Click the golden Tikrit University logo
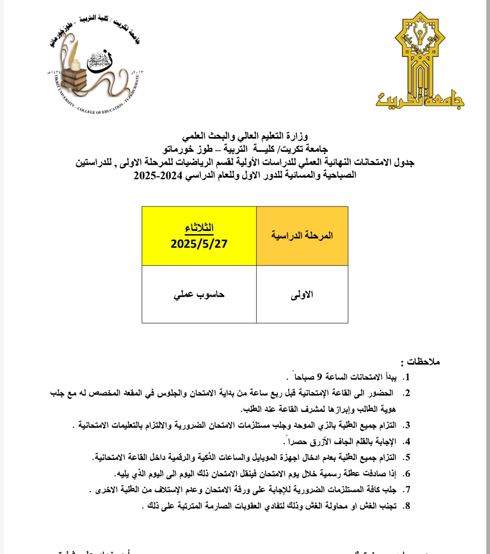pos(420,64)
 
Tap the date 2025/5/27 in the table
pos(199,244)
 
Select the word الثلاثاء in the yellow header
pos(199,228)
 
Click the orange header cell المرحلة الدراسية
pos(302,235)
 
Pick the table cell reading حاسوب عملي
pos(199,294)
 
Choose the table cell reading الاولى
pos(302,294)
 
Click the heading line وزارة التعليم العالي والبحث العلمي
pos(245,135)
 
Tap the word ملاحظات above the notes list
pos(423,362)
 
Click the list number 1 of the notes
pos(407,377)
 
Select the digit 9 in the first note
pos(319,377)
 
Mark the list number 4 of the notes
pos(407,441)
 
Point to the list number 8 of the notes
pos(407,506)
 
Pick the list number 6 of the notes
pos(407,474)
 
